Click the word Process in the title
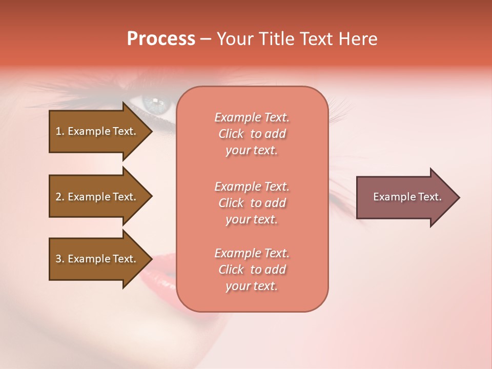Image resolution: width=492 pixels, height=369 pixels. coord(161,39)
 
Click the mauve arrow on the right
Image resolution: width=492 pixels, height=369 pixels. coord(405,197)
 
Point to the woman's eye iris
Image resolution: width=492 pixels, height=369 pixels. coord(155,104)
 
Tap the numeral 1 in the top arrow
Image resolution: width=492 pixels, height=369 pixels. coord(58,131)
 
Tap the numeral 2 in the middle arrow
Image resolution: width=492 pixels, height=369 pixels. coord(58,197)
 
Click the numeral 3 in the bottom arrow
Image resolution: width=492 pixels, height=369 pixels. coord(58,259)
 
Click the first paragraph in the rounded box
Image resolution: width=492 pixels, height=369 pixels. coord(252,134)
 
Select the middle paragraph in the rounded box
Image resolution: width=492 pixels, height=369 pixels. coord(252,203)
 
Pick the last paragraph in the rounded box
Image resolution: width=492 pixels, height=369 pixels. coord(252,270)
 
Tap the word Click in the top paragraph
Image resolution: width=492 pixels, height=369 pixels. coord(231,134)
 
